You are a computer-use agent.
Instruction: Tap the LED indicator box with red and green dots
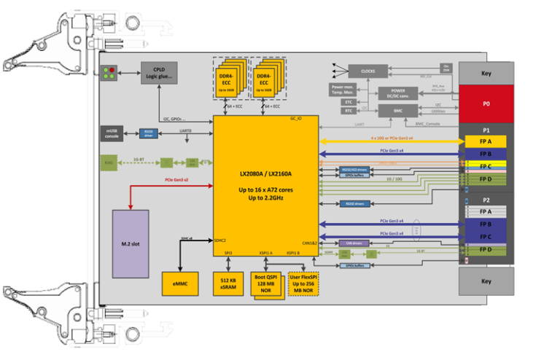click(110, 73)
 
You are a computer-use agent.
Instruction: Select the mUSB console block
click(112, 133)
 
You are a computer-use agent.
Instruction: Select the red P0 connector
click(486, 103)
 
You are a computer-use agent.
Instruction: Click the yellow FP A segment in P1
click(486, 141)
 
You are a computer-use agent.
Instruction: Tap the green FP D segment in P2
click(486, 250)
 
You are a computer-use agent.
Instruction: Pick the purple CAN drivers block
click(354, 243)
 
